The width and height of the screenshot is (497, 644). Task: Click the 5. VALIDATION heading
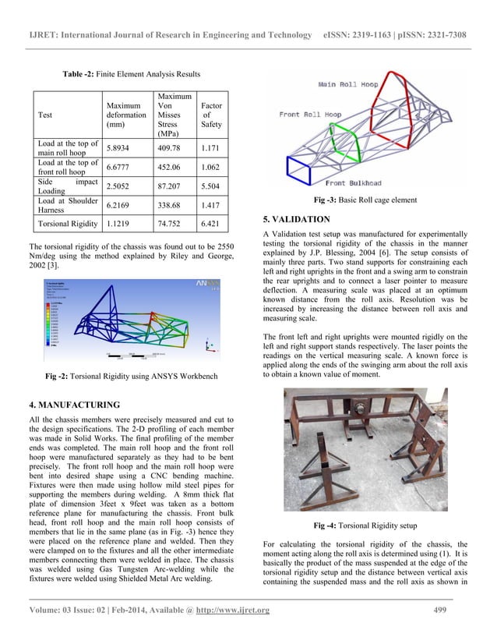(298, 218)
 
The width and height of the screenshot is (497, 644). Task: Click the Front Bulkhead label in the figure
(358, 183)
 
